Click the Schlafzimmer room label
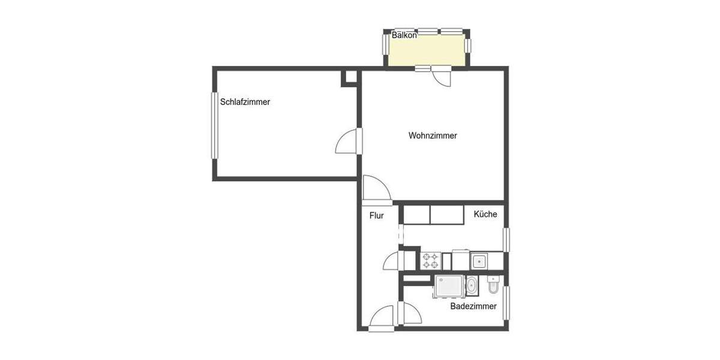click(x=245, y=102)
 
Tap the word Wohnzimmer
click(x=433, y=136)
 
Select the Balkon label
click(x=404, y=35)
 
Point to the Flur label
click(x=376, y=215)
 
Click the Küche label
click(x=485, y=214)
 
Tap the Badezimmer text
click(x=473, y=306)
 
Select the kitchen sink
click(x=478, y=261)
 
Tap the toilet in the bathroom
click(x=493, y=288)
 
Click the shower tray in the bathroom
click(x=448, y=286)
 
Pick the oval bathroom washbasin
click(x=472, y=286)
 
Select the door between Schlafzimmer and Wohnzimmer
click(x=347, y=143)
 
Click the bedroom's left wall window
click(x=214, y=125)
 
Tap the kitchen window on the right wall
click(x=506, y=239)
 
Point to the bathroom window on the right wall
click(x=506, y=302)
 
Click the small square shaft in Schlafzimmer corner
click(x=349, y=78)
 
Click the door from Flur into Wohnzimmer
click(x=376, y=188)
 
